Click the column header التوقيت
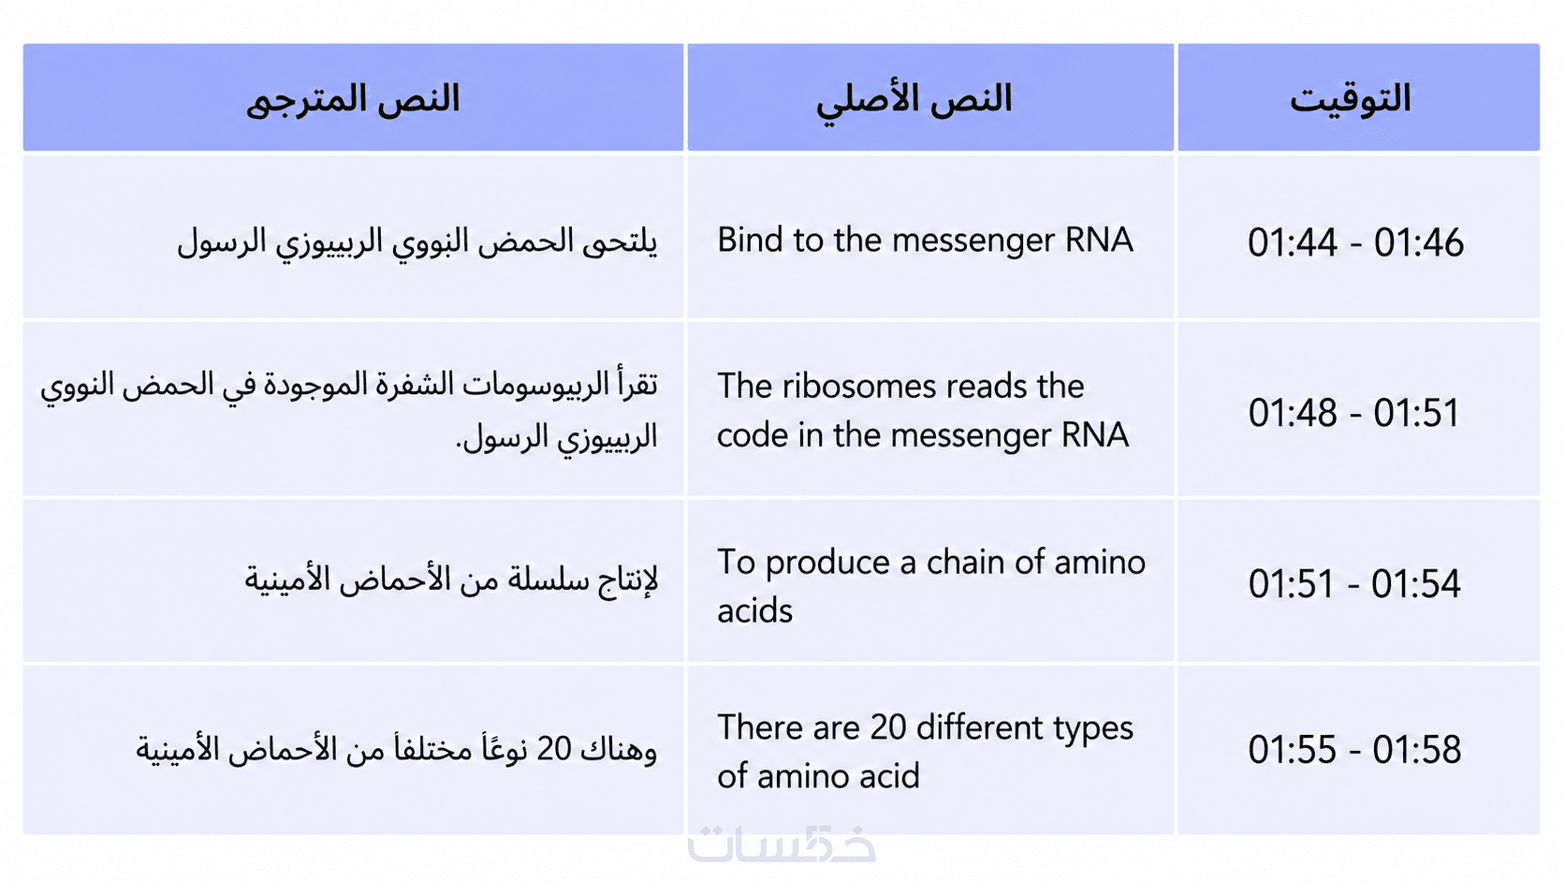point(1350,98)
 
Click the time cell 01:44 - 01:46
point(1355,242)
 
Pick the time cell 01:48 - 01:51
point(1354,412)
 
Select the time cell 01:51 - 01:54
point(1354,583)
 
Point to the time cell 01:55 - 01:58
point(1354,749)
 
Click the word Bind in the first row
point(750,240)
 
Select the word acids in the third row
point(754,610)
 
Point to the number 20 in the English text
point(888,727)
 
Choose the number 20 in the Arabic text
point(554,749)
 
